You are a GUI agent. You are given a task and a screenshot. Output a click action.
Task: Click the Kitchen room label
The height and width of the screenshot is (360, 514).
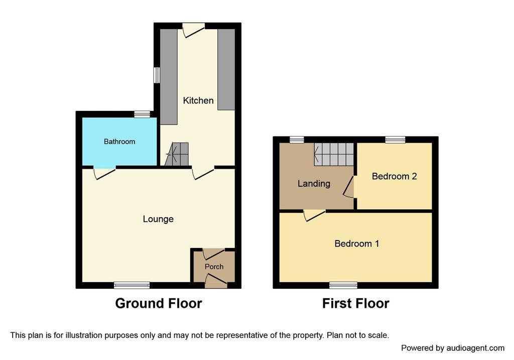pyautogui.click(x=198, y=100)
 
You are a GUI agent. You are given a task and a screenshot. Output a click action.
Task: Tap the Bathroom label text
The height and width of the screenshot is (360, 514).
pyautogui.click(x=119, y=142)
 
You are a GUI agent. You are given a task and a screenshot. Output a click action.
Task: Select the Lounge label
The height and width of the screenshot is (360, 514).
pyautogui.click(x=158, y=219)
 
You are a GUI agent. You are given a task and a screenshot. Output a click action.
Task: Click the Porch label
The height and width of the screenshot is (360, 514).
pyautogui.click(x=214, y=267)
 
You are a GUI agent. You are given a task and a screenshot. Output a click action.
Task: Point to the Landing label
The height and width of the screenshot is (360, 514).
pyautogui.click(x=314, y=184)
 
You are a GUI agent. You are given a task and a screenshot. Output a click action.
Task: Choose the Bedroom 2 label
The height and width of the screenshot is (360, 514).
pyautogui.click(x=395, y=176)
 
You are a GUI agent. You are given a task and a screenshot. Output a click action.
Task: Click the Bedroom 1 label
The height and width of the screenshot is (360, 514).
pyautogui.click(x=357, y=244)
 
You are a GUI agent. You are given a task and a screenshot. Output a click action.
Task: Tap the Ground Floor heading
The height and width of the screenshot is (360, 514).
pyautogui.click(x=158, y=303)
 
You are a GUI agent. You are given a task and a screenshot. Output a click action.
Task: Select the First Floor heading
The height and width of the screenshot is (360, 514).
pyautogui.click(x=356, y=303)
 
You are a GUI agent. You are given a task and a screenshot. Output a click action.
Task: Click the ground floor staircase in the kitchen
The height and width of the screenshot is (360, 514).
pyautogui.click(x=177, y=154)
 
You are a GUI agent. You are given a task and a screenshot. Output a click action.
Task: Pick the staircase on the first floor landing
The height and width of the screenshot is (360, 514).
pyautogui.click(x=334, y=154)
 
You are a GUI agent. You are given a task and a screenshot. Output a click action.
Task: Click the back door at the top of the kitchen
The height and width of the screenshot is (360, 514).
pyautogui.click(x=193, y=30)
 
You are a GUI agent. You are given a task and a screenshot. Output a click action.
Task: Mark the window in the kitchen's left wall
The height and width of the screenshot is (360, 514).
pyautogui.click(x=157, y=75)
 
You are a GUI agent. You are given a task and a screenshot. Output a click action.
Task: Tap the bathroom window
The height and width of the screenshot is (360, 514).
pyautogui.click(x=142, y=114)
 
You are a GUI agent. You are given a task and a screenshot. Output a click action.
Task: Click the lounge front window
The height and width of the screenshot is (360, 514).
pyautogui.click(x=132, y=285)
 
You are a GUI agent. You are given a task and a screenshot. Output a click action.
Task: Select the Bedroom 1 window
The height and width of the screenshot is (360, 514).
pyautogui.click(x=343, y=285)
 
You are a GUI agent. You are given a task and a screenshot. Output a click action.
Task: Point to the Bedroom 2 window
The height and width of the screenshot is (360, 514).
pyautogui.click(x=395, y=140)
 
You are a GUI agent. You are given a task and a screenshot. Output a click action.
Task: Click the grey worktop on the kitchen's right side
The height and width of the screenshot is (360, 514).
pyautogui.click(x=226, y=69)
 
